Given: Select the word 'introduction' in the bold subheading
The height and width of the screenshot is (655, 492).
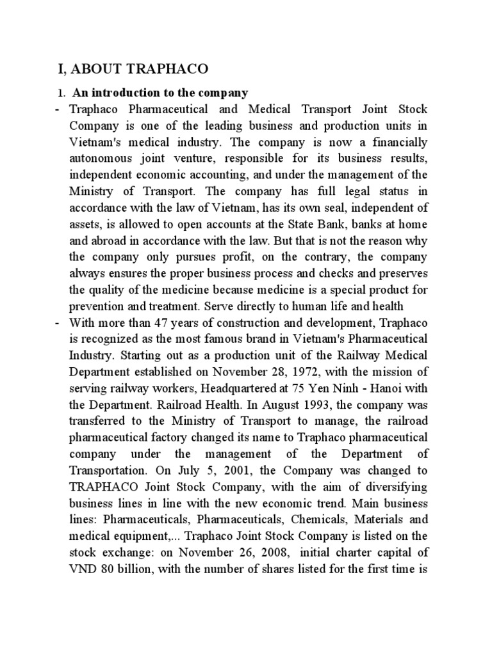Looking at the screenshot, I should pos(125,93).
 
